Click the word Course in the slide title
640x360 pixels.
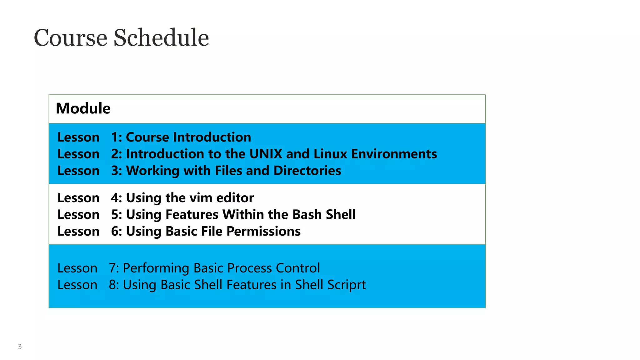[71, 37]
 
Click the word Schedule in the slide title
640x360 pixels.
[161, 37]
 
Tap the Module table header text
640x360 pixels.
[83, 108]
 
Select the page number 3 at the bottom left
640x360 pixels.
[20, 346]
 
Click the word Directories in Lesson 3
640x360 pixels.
[307, 171]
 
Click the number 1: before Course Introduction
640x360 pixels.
[117, 137]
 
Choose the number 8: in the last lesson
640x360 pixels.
[114, 285]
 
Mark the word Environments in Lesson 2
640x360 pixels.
[394, 154]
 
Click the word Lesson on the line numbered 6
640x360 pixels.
[78, 232]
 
